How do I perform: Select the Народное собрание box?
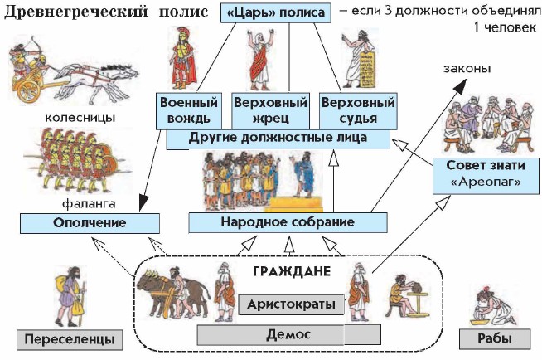(x=288, y=223)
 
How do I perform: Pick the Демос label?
(x=270, y=334)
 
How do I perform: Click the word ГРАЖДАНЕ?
(x=293, y=271)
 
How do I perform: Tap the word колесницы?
(x=80, y=118)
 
